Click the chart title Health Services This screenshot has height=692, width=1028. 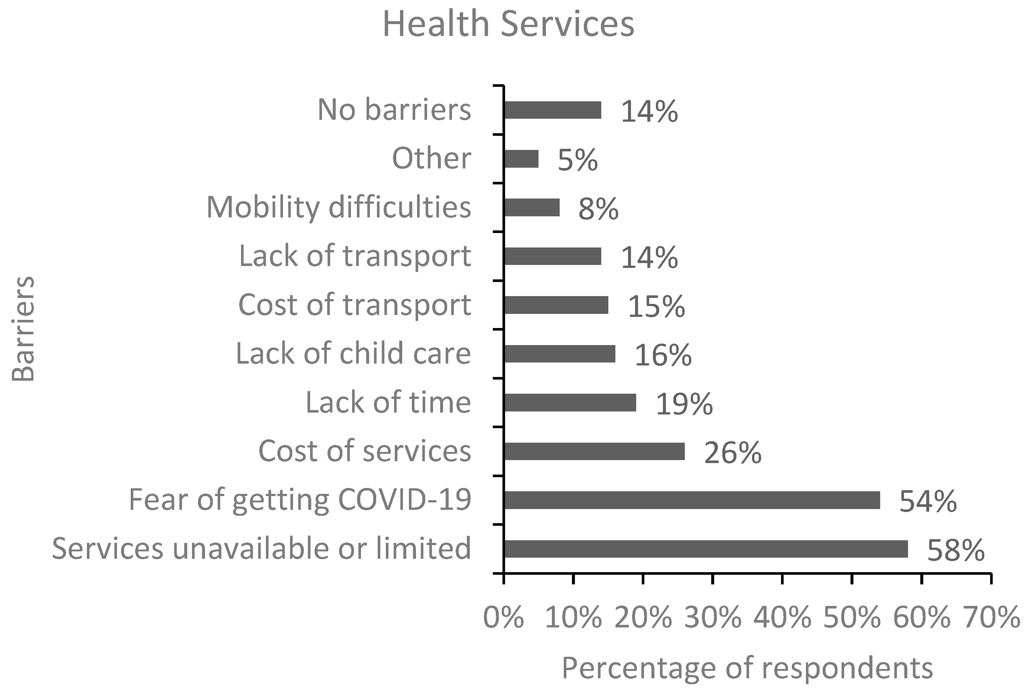point(508,24)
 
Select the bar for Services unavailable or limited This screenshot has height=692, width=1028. point(706,549)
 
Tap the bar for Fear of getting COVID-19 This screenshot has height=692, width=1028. point(692,500)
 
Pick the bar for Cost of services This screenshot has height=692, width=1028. point(594,451)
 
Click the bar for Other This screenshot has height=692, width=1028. point(521,159)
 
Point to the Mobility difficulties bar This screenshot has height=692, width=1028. point(531,207)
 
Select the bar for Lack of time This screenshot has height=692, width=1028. point(570,403)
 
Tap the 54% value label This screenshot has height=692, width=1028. point(928,501)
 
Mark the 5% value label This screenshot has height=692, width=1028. point(578,160)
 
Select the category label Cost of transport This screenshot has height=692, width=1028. point(355,305)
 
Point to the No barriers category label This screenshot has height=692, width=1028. point(394,109)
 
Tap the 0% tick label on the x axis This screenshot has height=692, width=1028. point(503,617)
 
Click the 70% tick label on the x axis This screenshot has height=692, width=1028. point(991,617)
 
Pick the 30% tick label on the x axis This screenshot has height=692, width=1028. point(713,617)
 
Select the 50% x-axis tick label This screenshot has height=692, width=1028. point(852,617)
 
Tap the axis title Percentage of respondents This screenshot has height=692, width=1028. point(747,668)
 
